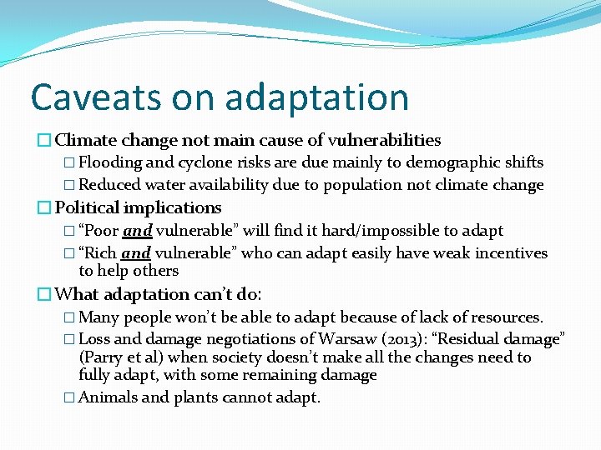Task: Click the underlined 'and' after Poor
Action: click(x=137, y=231)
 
